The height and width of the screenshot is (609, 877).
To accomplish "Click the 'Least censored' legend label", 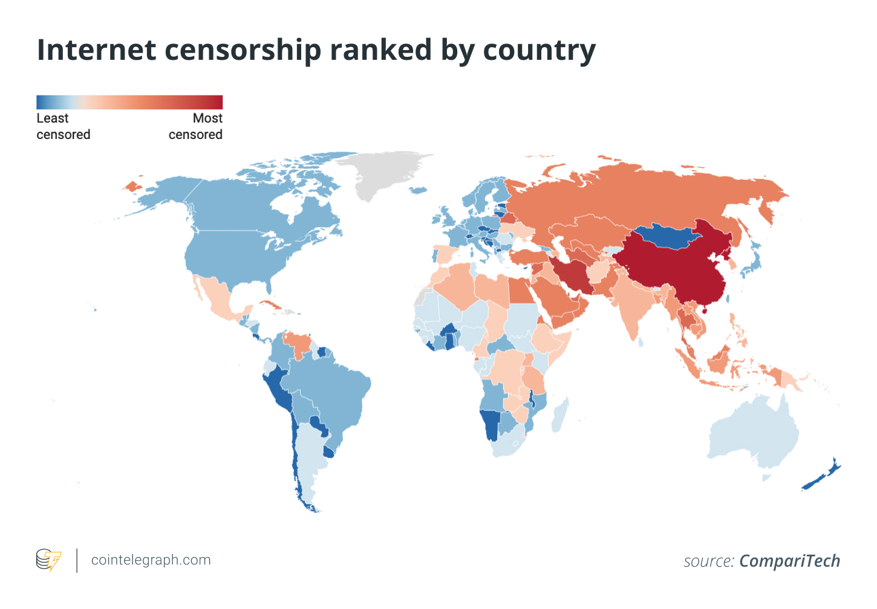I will pos(63,126).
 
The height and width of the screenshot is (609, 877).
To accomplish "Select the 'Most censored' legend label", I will pos(196,126).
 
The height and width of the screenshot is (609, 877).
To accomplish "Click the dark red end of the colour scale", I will pos(215,102).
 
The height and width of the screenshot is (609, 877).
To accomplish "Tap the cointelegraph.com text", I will pos(151,560).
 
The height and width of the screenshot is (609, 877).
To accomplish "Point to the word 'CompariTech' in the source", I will pos(789,561).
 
